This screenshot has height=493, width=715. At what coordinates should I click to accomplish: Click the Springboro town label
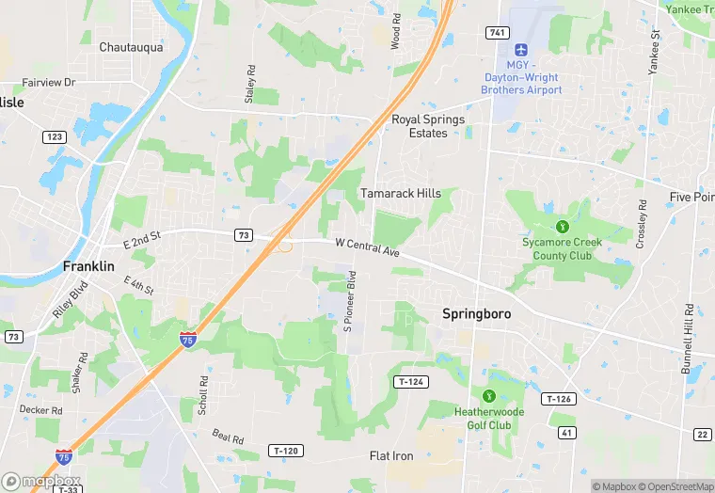point(476,313)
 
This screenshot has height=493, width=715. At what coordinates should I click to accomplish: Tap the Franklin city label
point(88,266)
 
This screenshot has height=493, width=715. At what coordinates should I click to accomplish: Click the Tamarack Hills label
point(401,193)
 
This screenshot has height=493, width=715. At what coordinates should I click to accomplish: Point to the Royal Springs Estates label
point(428,126)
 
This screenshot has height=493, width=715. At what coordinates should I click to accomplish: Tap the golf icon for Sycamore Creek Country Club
point(562,226)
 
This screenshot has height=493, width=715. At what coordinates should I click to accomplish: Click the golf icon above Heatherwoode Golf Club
point(488,397)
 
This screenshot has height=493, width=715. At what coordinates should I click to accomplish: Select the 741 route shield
point(498,32)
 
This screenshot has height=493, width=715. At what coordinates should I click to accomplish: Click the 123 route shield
point(54,137)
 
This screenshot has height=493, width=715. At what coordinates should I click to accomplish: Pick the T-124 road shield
point(411,381)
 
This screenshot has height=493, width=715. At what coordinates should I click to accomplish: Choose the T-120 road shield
point(286,451)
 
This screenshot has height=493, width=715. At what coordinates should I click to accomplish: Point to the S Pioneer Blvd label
point(349,301)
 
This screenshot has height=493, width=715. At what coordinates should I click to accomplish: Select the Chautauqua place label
point(131,46)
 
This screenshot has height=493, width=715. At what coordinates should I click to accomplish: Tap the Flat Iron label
point(391,456)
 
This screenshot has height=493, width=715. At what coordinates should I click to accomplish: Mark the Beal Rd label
point(228,437)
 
